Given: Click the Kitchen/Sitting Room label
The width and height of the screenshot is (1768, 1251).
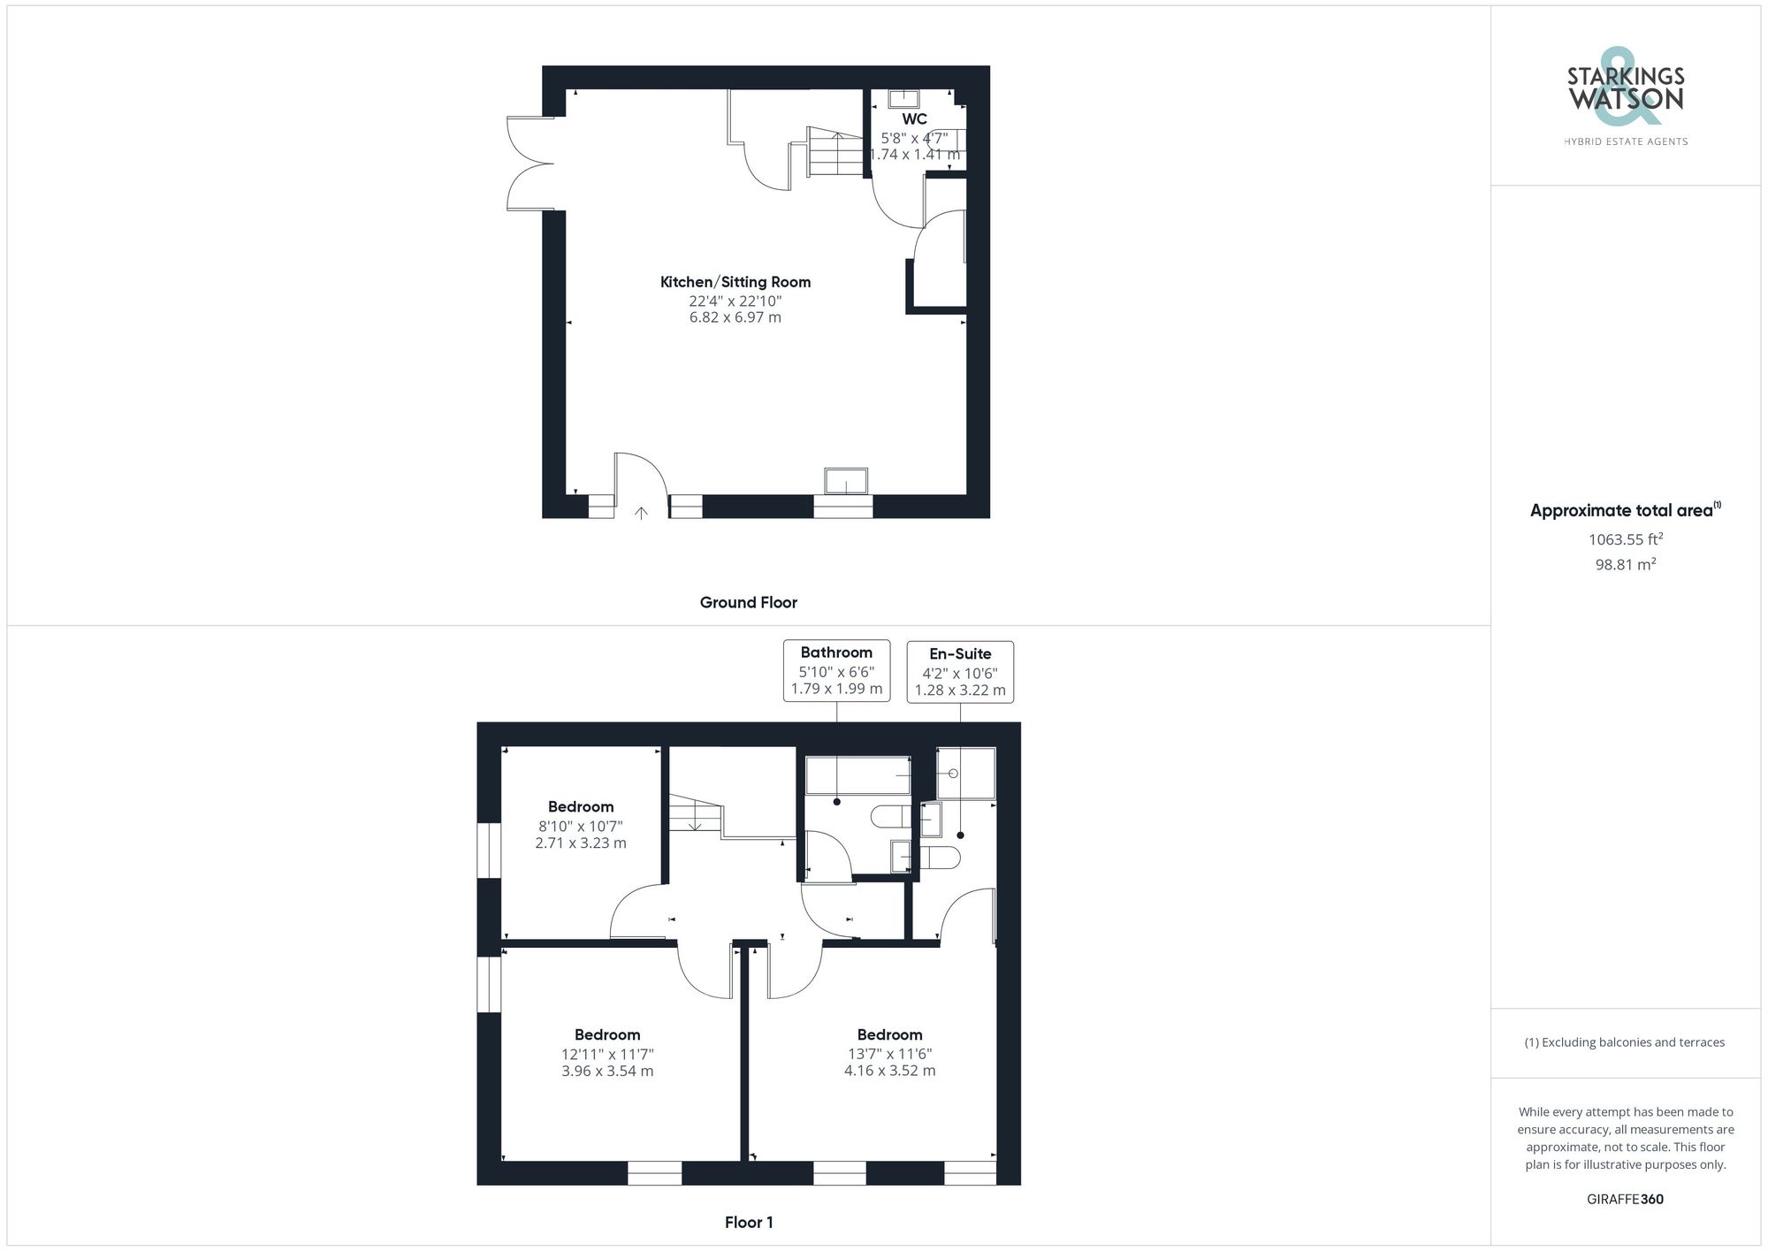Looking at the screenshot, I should (x=735, y=282).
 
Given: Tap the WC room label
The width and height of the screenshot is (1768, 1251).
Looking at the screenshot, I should (x=914, y=119).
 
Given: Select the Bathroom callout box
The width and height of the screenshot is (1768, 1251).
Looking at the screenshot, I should (x=836, y=671).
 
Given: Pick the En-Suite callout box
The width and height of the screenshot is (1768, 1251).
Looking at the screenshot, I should (x=960, y=672).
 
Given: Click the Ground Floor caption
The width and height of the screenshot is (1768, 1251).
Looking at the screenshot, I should (x=748, y=603).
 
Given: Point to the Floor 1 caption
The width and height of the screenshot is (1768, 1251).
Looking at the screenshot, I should (x=749, y=1223).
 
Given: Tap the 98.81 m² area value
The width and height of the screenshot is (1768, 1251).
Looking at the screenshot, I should (x=1625, y=565).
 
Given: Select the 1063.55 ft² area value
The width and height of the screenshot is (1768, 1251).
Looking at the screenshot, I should (x=1625, y=539).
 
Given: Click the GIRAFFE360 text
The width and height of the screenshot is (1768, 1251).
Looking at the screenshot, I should (x=1625, y=1200).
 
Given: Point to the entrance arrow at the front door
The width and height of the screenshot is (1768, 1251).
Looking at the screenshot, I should (x=641, y=512).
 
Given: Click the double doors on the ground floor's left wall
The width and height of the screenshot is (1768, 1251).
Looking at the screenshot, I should (x=528, y=164).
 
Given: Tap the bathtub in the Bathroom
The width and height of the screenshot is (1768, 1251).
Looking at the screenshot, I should (x=857, y=775).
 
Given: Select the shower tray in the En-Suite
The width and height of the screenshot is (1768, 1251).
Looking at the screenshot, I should (x=966, y=774).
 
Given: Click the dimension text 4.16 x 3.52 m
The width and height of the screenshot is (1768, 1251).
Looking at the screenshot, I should (x=889, y=1072).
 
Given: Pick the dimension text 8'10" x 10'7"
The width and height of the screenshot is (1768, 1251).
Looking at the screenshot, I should (x=581, y=827).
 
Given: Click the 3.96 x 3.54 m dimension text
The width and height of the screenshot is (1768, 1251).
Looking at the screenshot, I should (x=607, y=1072).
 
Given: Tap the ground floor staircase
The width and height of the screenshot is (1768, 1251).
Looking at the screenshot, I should (x=834, y=154).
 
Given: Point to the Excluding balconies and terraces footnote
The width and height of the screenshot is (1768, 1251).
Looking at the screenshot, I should (x=1625, y=1042).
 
